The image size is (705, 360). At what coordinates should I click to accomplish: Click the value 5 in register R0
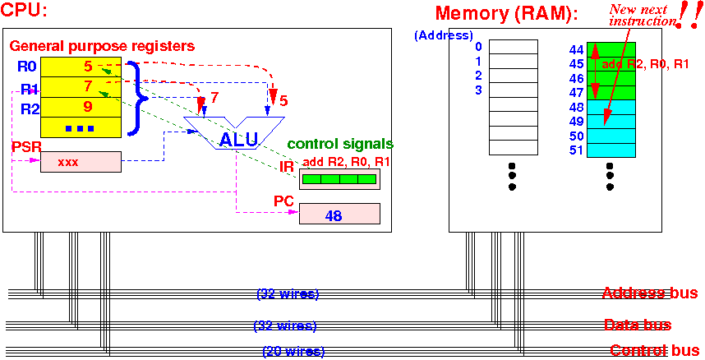tap(88, 67)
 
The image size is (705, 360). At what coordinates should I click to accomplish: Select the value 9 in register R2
tap(88, 107)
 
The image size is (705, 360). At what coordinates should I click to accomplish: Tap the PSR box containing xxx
tap(81, 162)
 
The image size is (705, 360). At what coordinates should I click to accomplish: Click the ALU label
tap(239, 140)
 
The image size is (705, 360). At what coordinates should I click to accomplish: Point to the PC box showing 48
tap(339, 214)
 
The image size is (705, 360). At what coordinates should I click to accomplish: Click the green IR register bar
tap(339, 179)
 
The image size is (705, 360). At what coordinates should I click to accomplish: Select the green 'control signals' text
tap(340, 144)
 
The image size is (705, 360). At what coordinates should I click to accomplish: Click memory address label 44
tap(576, 49)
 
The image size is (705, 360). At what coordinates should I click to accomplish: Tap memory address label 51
tap(576, 150)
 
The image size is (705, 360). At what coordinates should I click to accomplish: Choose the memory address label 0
tap(478, 46)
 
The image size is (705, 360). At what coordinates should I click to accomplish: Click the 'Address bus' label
tap(650, 293)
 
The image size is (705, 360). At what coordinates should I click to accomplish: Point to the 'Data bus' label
tap(638, 325)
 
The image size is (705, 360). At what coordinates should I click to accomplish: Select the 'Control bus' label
tap(654, 350)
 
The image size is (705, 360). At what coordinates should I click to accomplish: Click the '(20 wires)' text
tap(293, 351)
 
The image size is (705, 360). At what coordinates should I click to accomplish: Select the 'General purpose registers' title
tap(102, 46)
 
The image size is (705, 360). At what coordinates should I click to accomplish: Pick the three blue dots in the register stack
tap(80, 129)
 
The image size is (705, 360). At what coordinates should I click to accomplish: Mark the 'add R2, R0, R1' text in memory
tap(645, 64)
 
